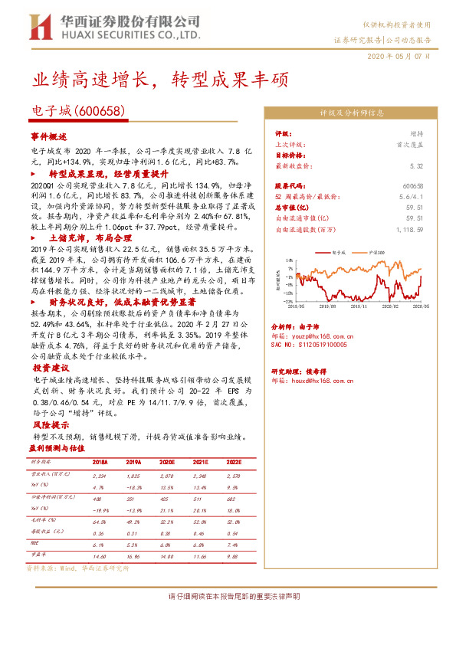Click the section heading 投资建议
[x=49, y=366]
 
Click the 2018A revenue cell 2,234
[x=100, y=476]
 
